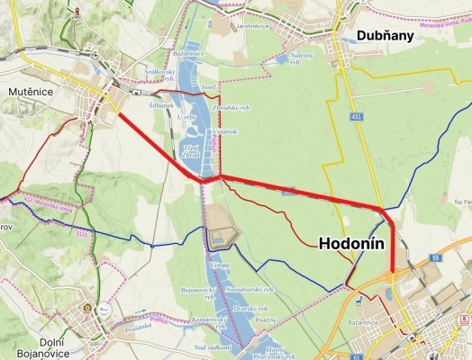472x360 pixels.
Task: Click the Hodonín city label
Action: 351,244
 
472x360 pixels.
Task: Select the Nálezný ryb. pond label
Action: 303,58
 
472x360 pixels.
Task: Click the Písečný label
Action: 266,319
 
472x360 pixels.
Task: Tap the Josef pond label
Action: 208,87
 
